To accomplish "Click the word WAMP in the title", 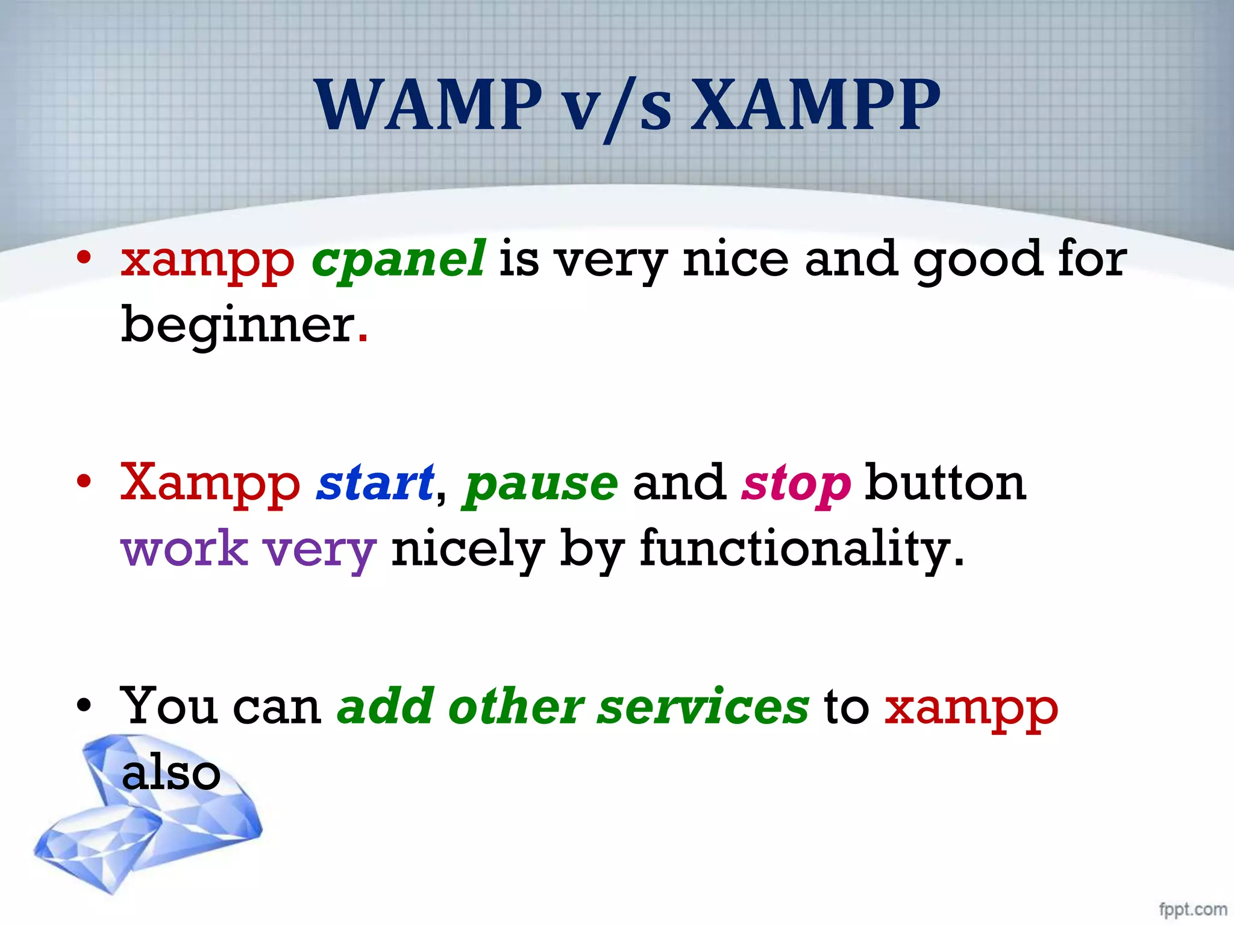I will (428, 106).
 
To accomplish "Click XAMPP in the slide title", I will (815, 106).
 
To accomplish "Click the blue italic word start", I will (375, 483).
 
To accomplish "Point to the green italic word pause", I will (540, 486).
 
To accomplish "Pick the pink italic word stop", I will (796, 486).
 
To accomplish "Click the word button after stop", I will (945, 483).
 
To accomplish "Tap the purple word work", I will (184, 549).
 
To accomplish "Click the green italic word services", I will (703, 707).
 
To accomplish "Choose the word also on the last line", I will (171, 773).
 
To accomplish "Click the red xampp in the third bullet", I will (971, 710).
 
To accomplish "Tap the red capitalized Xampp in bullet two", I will (210, 484).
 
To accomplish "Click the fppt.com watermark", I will (1192, 909).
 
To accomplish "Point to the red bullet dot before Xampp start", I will (84, 482).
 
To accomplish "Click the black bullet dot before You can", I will (84, 705).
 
